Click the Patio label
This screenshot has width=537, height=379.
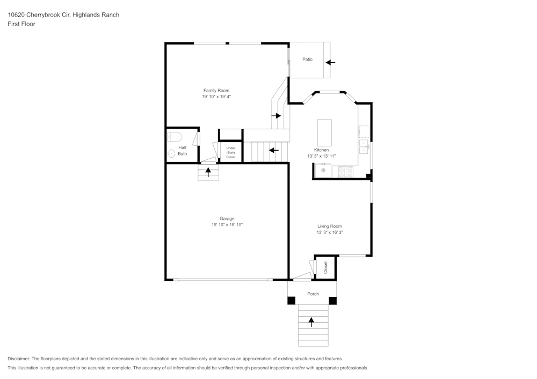coord(307,60)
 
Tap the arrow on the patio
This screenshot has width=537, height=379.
coord(330,63)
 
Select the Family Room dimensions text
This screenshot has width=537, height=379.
coord(216,97)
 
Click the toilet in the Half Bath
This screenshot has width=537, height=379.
coord(175,136)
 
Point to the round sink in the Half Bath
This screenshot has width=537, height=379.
coord(171,153)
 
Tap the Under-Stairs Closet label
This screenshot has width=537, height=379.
coord(231,152)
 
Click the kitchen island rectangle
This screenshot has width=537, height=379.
coord(324,132)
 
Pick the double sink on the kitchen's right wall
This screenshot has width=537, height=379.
coord(364,146)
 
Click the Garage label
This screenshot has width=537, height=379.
coord(227,219)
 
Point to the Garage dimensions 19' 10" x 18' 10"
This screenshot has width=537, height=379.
coord(227,225)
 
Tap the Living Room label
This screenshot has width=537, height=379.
coord(329,226)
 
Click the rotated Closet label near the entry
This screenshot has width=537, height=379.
coord(325,267)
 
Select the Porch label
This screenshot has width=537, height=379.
coord(313,294)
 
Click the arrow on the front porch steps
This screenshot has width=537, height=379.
coord(311,322)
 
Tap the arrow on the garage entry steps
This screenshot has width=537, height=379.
coord(208,172)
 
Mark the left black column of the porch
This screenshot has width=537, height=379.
coord(292,301)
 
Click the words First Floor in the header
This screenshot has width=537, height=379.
coord(21,24)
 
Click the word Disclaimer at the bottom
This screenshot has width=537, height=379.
coord(19,359)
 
